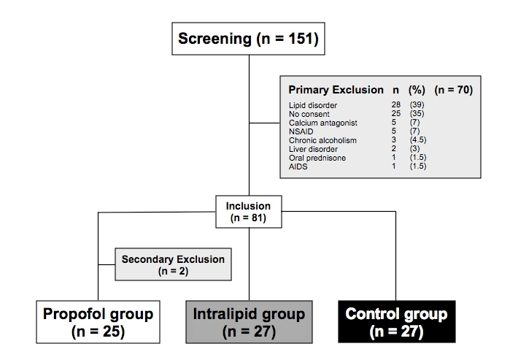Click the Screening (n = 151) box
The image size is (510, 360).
[x=248, y=39]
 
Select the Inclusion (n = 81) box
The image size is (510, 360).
[x=248, y=212]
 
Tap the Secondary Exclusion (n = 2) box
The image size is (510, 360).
[x=173, y=264]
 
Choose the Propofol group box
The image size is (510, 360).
[x=98, y=321]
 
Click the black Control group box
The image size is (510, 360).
[x=395, y=321]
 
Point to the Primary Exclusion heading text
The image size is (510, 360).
[x=336, y=90]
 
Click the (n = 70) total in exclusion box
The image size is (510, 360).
[x=453, y=90]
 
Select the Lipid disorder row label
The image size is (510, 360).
[x=313, y=106]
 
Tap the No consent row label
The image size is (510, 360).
[x=310, y=115]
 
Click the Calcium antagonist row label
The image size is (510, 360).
[x=321, y=123]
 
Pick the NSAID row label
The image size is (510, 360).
[x=301, y=131]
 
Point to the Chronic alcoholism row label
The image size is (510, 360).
[x=322, y=140]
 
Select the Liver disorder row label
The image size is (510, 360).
[x=314, y=149]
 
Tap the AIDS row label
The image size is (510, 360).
[x=298, y=166]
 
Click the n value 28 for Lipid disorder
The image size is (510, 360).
[x=396, y=106]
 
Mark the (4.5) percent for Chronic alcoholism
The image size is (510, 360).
[x=419, y=140]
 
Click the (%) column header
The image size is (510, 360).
[x=417, y=90]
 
